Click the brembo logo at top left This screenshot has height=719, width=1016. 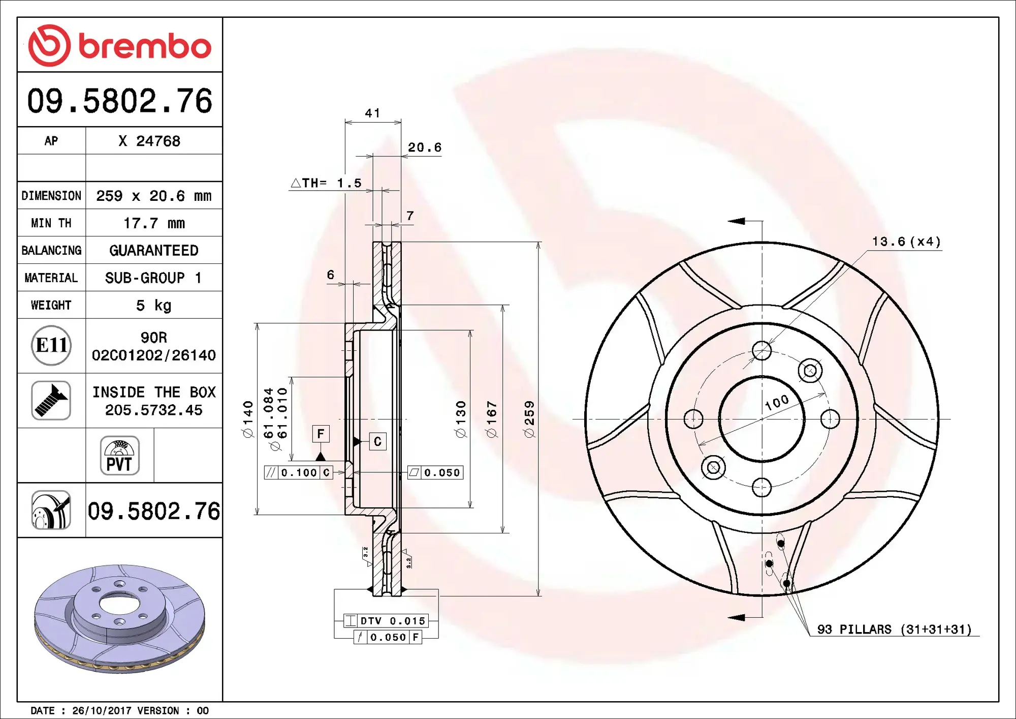point(119,46)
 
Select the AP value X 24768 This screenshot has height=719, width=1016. point(149,141)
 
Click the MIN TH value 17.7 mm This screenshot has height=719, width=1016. point(154,223)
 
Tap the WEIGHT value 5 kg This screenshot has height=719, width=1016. point(154,305)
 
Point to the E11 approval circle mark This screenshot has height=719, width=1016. point(51,345)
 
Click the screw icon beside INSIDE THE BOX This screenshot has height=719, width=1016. point(51,401)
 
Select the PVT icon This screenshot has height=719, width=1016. point(119,456)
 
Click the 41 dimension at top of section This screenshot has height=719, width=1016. point(372,113)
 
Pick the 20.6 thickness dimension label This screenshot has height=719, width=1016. point(424,147)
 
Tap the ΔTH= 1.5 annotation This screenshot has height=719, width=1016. point(326,183)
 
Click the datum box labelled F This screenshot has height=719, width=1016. point(321,434)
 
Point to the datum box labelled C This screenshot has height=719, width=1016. point(377,441)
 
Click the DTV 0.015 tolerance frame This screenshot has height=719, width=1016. point(386,621)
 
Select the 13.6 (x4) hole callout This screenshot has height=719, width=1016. point(906,242)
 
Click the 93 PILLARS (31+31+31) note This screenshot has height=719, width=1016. point(894,630)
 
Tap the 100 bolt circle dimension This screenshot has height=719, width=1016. point(777,403)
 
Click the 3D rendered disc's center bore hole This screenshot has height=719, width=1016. point(119,605)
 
